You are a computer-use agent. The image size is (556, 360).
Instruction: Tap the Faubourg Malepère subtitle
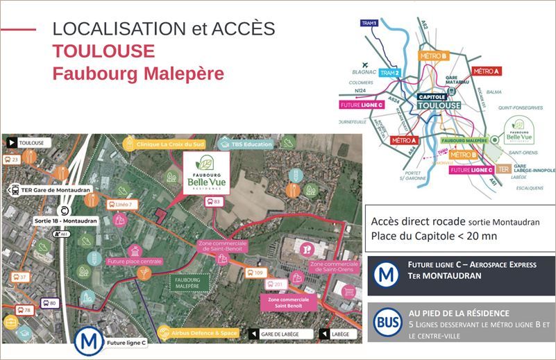(138, 74)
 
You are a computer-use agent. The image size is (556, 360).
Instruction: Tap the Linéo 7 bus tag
(120, 205)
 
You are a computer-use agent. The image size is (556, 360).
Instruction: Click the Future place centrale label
(133, 262)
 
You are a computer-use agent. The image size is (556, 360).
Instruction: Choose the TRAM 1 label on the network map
(370, 24)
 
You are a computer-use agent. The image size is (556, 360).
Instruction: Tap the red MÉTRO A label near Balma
(487, 71)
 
